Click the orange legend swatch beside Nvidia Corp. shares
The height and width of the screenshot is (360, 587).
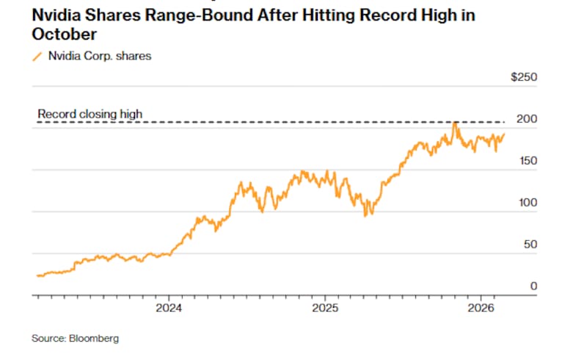37,56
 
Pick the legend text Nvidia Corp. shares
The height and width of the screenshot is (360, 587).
99,56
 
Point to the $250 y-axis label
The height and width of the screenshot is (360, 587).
524,77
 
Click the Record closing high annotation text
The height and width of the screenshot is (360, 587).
90,115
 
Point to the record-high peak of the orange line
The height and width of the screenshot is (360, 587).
455,123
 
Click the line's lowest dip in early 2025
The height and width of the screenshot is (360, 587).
366,215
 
